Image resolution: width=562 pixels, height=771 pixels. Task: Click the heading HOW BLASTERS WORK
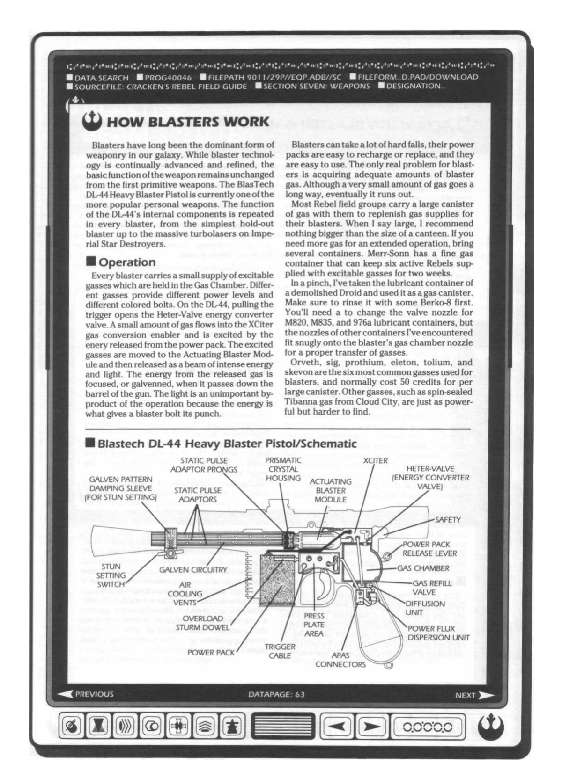188,122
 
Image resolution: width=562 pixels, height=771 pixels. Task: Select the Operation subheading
127,262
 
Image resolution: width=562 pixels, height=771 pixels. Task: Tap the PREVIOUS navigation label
94,694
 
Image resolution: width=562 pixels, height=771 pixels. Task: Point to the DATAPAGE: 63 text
276,694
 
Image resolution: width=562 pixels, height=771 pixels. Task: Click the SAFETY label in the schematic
448,520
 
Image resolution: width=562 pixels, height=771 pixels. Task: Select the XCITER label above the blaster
375,461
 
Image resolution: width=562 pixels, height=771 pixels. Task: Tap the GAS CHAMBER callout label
423,568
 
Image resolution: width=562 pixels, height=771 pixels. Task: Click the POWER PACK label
211,653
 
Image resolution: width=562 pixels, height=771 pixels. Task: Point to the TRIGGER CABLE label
280,651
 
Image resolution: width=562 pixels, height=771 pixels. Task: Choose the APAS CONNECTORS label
340,660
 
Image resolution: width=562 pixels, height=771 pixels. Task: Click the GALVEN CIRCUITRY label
193,570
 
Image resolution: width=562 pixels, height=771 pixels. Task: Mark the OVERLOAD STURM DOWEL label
203,623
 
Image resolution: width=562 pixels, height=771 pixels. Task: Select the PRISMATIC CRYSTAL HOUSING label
283,469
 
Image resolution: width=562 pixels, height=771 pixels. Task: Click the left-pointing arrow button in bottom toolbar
337,727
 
